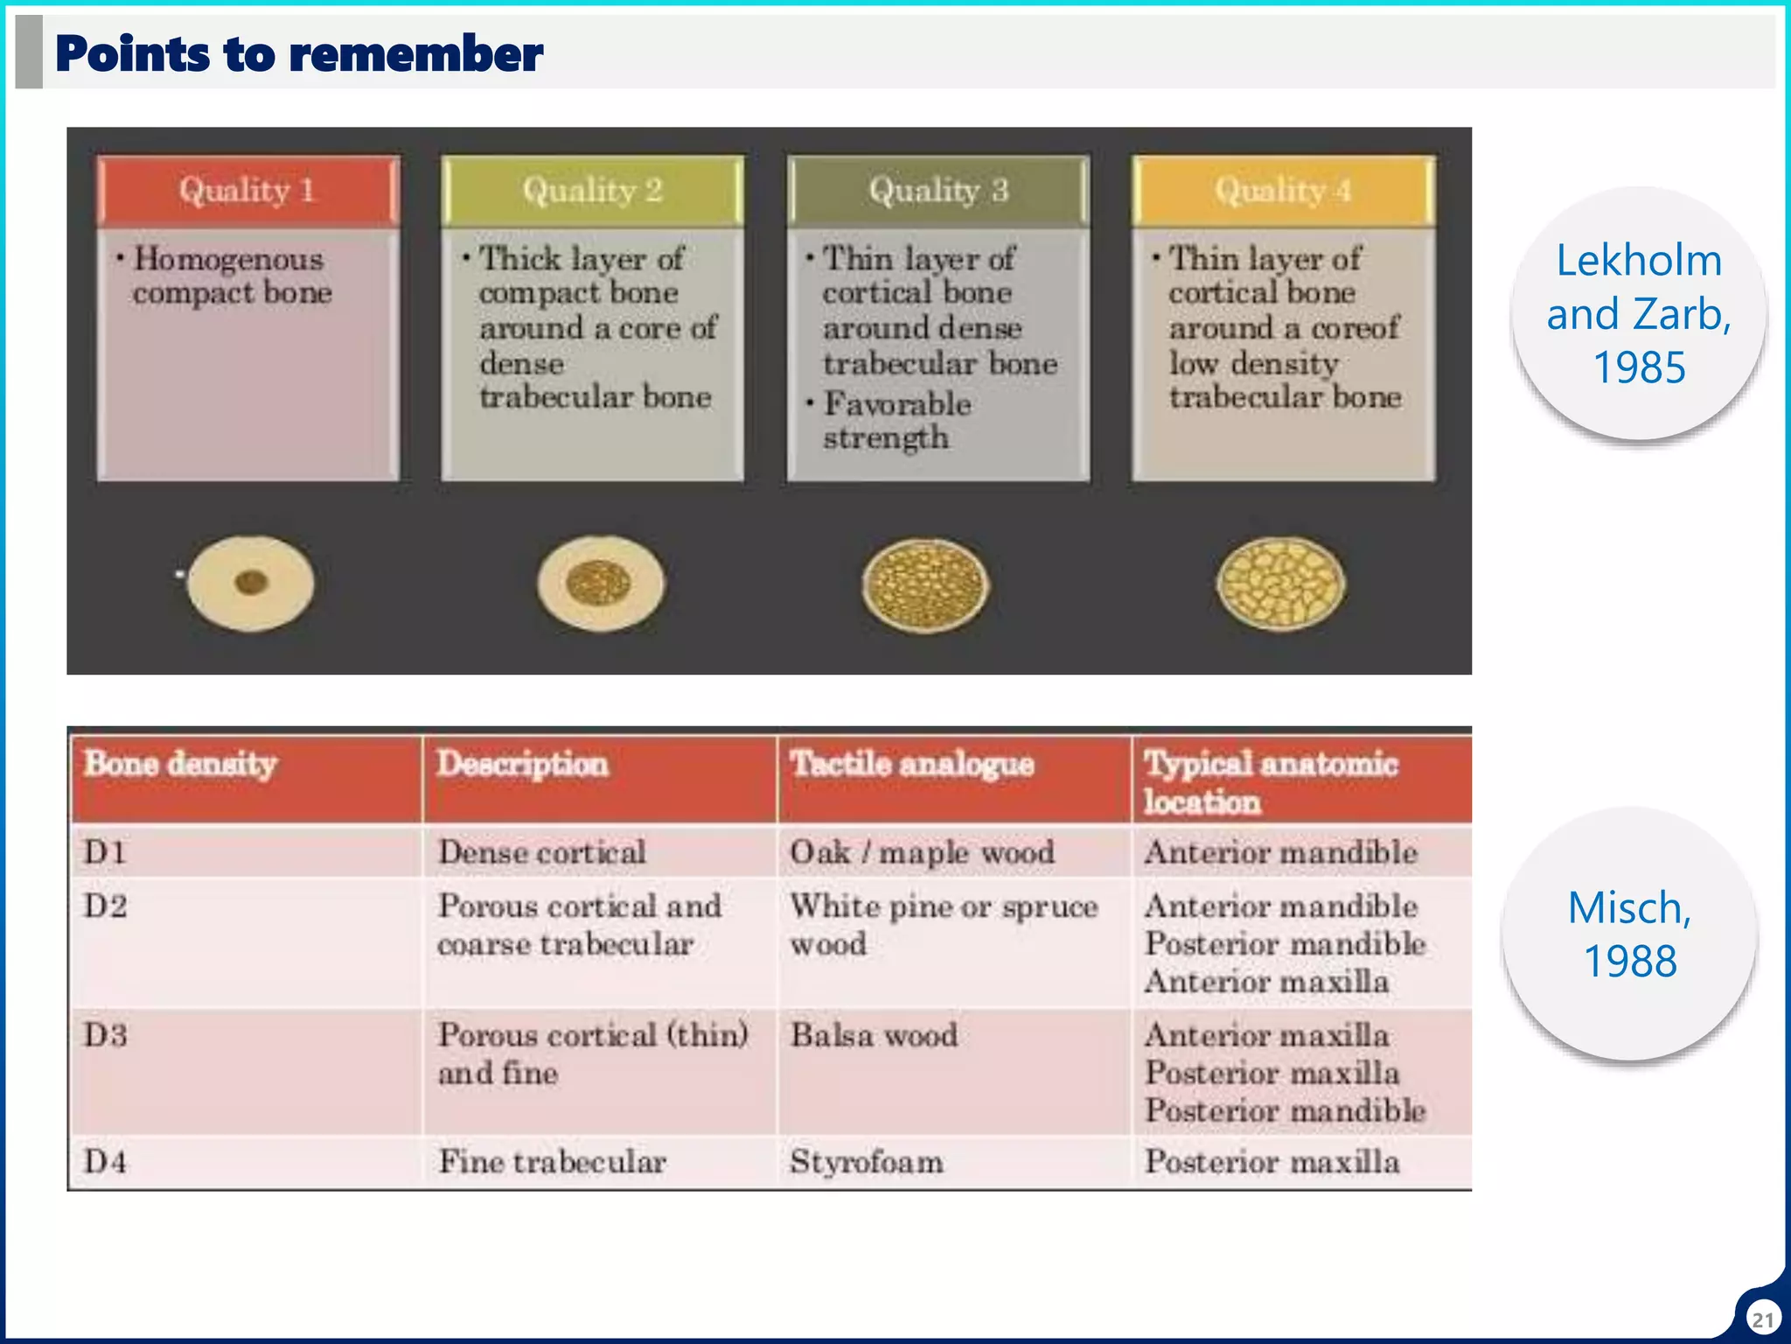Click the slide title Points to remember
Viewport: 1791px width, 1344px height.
click(299, 53)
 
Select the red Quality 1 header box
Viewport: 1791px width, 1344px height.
click(247, 190)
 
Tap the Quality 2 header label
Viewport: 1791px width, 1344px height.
click(592, 190)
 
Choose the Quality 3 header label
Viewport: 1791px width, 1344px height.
click(937, 190)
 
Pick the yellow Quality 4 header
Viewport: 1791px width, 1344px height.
click(1283, 190)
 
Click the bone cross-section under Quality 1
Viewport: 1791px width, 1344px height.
click(250, 583)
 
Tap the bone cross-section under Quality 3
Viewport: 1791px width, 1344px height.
click(924, 584)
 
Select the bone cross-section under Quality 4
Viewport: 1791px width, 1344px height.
click(1280, 584)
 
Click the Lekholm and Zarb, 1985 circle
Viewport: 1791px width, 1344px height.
click(1638, 313)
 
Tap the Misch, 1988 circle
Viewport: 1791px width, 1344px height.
click(1629, 934)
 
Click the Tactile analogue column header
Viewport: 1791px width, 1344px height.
click(912, 764)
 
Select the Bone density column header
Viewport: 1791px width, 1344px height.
click(180, 764)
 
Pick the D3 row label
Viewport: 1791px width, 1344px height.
click(106, 1035)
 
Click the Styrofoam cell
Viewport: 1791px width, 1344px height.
click(866, 1162)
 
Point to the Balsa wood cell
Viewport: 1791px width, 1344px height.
click(874, 1035)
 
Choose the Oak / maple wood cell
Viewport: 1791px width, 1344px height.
click(922, 852)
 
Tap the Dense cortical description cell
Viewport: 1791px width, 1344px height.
click(541, 852)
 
